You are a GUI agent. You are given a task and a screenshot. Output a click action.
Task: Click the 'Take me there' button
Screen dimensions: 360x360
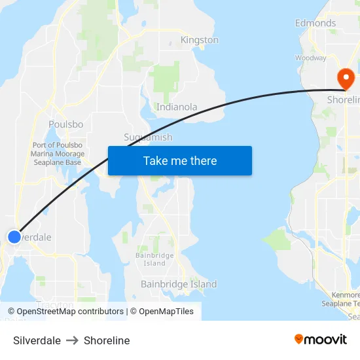pyautogui.click(x=180, y=161)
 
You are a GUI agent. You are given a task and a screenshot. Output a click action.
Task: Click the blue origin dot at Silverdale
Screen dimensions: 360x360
pyautogui.click(x=14, y=236)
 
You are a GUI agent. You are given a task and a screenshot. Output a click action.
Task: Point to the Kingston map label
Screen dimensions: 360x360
pyautogui.click(x=200, y=40)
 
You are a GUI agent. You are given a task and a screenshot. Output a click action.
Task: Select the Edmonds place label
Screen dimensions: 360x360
pyautogui.click(x=315, y=23)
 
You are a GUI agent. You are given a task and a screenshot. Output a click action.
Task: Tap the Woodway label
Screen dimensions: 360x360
pyautogui.click(x=310, y=58)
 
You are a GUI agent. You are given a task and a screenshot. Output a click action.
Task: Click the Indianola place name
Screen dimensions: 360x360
pyautogui.click(x=177, y=107)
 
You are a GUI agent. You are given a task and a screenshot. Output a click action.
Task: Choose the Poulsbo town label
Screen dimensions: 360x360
pyautogui.click(x=65, y=124)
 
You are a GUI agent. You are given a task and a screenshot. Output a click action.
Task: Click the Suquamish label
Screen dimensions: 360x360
pyautogui.click(x=148, y=137)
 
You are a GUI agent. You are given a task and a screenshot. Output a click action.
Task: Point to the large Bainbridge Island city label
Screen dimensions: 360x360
pyautogui.click(x=179, y=285)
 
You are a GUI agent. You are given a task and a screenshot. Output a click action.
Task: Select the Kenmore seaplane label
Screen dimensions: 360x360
pyautogui.click(x=342, y=299)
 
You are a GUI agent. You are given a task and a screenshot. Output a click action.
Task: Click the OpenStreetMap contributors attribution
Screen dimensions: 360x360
pyautogui.click(x=66, y=312)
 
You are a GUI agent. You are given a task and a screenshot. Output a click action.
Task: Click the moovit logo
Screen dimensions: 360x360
pyautogui.click(x=321, y=340)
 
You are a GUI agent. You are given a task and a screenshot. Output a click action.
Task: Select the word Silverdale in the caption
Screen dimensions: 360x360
pyautogui.click(x=37, y=340)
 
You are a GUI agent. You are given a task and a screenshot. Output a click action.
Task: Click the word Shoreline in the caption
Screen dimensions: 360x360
pyautogui.click(x=107, y=340)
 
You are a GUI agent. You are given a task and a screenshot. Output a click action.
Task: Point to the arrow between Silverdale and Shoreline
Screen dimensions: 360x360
pyautogui.click(x=72, y=340)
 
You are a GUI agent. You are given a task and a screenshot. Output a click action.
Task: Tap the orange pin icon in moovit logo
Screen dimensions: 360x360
pyautogui.click(x=299, y=339)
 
